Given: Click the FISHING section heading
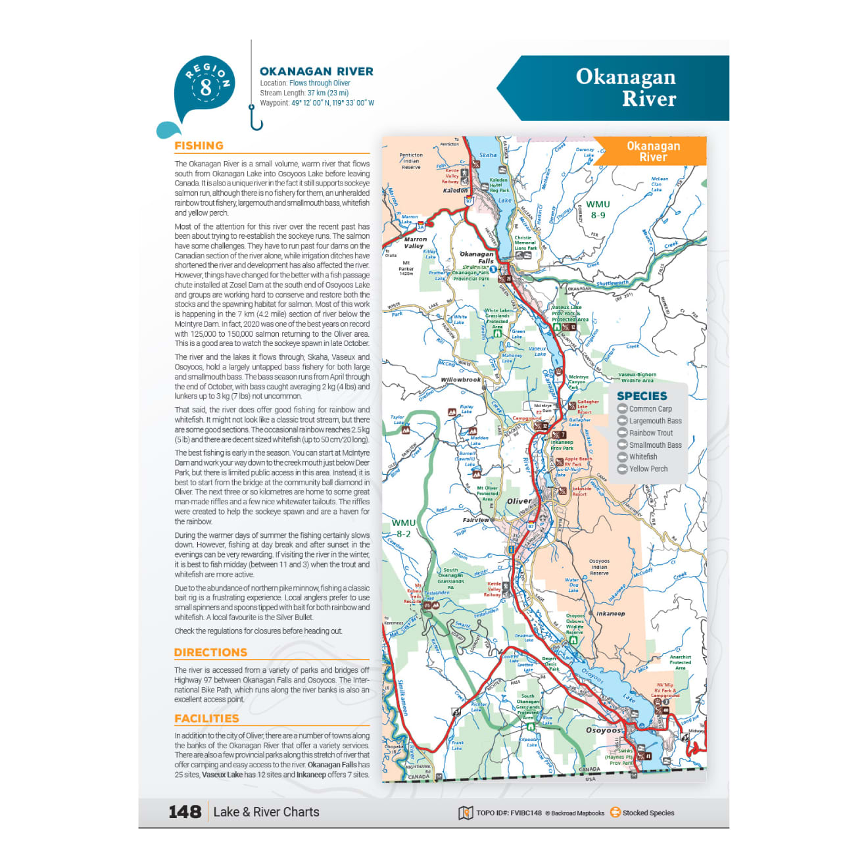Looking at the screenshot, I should click(x=199, y=146).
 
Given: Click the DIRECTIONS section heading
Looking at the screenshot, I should click(x=210, y=652).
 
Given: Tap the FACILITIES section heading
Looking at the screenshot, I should click(x=206, y=719).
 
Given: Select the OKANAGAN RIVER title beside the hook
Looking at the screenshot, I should click(x=316, y=72).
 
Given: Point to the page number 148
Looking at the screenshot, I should click(x=185, y=812).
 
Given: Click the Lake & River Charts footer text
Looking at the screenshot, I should click(x=266, y=812).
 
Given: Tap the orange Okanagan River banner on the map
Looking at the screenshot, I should click(x=653, y=151).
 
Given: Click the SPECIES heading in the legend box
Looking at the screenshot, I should click(x=642, y=396).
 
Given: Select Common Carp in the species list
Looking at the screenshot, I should click(x=650, y=409).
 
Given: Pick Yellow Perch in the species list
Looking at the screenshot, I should click(x=648, y=469).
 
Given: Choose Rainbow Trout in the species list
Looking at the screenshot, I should click(x=650, y=433).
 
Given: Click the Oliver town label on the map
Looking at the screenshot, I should click(x=519, y=501).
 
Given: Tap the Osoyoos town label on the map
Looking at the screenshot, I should click(x=603, y=731).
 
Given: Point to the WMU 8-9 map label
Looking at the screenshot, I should click(x=598, y=210).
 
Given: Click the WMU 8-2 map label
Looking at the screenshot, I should click(x=403, y=528).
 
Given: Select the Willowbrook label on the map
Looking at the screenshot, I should click(x=460, y=380).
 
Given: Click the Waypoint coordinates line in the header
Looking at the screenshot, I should click(x=317, y=103).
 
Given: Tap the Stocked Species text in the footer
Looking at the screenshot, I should click(x=648, y=813).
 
